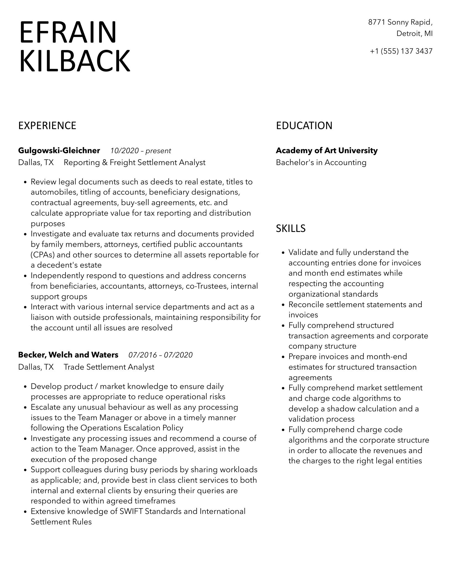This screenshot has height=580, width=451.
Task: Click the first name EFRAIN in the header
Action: tap(68, 32)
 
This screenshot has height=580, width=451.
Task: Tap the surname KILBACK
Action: tap(75, 61)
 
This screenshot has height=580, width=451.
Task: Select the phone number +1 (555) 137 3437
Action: tap(401, 51)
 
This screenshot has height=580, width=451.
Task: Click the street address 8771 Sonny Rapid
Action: tap(400, 22)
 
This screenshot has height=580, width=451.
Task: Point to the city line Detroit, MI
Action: tap(414, 33)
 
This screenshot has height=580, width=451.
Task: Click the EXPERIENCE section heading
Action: tap(47, 126)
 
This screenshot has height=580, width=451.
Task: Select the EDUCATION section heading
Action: tap(304, 126)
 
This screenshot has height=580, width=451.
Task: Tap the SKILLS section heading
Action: tap(291, 228)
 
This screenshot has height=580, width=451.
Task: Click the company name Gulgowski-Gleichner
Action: tap(59, 151)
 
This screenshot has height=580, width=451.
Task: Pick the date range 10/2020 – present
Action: tap(141, 151)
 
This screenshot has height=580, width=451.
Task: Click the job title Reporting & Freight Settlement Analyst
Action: tap(135, 162)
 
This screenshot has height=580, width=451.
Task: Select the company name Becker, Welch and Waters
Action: tap(68, 355)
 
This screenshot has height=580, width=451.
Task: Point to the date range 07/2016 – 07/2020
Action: tap(161, 355)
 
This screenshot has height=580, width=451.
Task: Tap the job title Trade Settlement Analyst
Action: tap(109, 367)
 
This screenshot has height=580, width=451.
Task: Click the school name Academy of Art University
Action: tap(327, 151)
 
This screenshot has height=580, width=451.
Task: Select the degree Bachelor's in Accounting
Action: tap(321, 162)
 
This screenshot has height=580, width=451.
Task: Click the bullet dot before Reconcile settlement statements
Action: tap(283, 305)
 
